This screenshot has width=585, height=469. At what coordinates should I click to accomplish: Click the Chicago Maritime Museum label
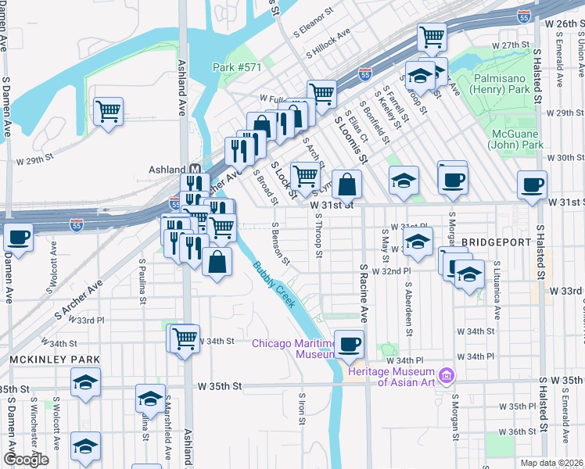click(x=292, y=349)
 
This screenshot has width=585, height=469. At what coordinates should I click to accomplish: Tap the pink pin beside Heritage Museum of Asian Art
click(x=447, y=377)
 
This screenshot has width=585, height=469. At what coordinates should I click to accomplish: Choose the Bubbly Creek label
click(x=274, y=284)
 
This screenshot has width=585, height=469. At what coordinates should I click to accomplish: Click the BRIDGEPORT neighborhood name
click(x=495, y=243)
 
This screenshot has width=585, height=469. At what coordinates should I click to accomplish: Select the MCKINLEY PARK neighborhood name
click(x=55, y=359)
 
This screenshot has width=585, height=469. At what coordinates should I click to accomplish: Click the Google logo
click(x=26, y=460)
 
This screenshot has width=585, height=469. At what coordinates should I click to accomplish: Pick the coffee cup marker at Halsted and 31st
click(x=533, y=186)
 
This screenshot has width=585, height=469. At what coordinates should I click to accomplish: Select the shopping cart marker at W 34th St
click(x=185, y=338)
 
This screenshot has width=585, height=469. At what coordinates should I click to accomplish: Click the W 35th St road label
click(x=221, y=386)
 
